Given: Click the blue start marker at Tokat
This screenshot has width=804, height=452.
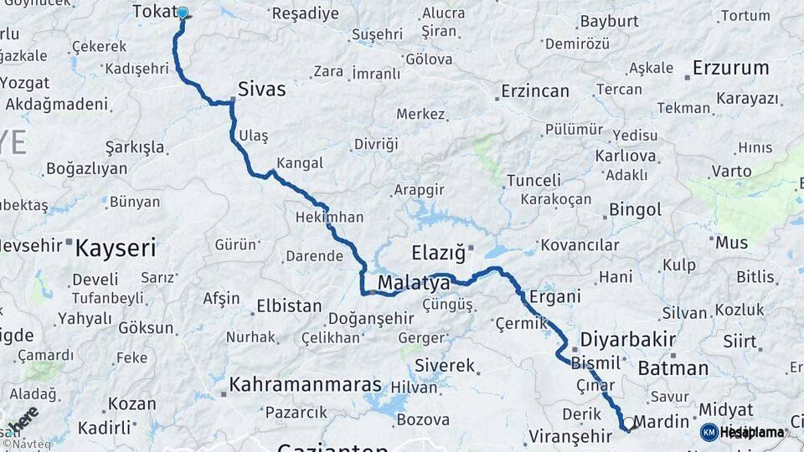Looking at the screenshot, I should click(182, 13).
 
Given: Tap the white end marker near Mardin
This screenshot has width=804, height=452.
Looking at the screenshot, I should click(628, 424).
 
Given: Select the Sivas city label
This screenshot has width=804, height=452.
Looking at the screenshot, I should click(261, 89).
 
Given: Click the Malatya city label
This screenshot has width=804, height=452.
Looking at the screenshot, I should click(414, 284).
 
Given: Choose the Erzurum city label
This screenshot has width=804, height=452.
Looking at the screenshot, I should click(730, 68).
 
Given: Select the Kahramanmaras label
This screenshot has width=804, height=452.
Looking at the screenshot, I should click(306, 385).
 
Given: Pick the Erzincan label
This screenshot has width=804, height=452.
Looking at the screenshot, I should click(534, 91).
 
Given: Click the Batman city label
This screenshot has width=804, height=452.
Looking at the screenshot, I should click(673, 367).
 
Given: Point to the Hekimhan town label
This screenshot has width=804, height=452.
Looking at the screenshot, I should click(329, 218).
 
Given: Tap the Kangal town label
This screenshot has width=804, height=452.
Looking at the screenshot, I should click(299, 162).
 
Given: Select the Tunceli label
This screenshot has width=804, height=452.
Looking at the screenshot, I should click(533, 180).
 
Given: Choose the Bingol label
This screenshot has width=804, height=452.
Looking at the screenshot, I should click(636, 209).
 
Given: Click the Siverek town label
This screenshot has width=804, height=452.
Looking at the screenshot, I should click(445, 366).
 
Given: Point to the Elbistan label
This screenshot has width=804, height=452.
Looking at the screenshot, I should click(289, 306).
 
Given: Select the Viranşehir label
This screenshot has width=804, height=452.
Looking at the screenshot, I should click(570, 436).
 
